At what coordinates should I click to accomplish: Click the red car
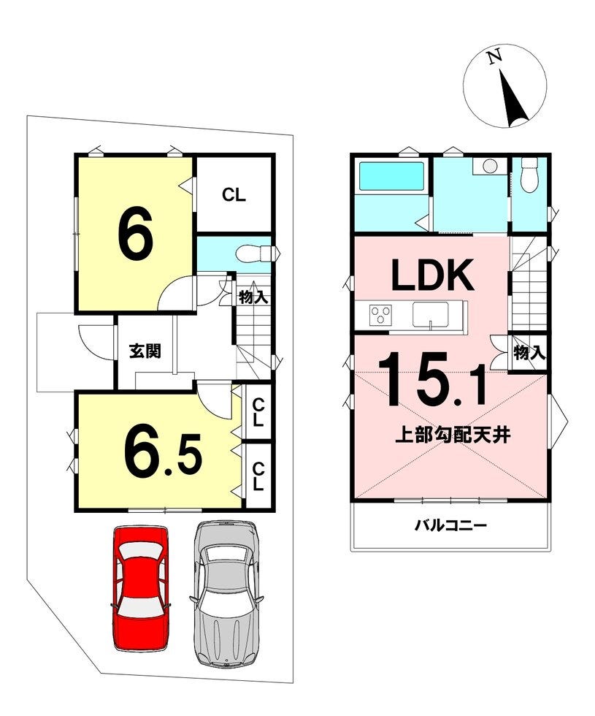point(140,589)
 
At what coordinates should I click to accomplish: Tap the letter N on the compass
point(494,57)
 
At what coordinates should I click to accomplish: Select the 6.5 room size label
point(163,452)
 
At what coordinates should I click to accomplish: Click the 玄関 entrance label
point(145,351)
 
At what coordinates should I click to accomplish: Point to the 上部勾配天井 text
point(452,435)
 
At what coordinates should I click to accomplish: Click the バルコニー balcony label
point(450,525)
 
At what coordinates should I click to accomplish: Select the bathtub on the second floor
point(392,176)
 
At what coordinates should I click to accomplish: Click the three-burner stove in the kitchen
point(380,316)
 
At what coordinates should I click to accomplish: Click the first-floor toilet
point(252,254)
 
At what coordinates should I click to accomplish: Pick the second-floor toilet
point(530,175)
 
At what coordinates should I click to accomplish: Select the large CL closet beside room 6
point(234,195)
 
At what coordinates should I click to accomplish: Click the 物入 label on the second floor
point(529,352)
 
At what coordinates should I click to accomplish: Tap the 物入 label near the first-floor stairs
point(253,298)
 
